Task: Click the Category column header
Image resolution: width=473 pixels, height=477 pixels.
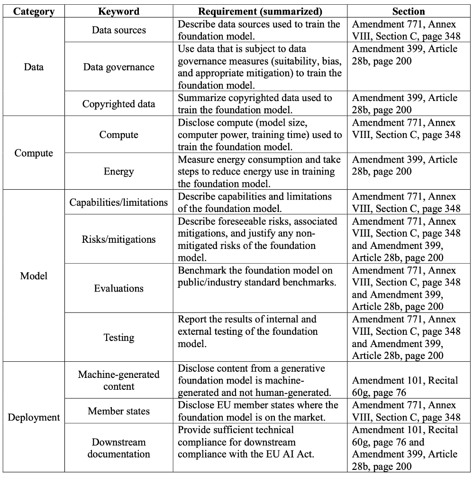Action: click(x=33, y=11)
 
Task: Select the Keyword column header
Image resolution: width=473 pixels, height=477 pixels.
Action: click(x=118, y=11)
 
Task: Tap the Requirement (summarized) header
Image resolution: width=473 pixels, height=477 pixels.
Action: click(x=260, y=11)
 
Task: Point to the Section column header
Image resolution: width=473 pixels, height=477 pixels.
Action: click(x=409, y=11)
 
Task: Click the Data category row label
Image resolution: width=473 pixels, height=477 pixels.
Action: click(x=33, y=67)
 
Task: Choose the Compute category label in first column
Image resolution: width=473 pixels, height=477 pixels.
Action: click(x=33, y=153)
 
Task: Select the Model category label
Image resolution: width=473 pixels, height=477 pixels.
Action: click(x=33, y=275)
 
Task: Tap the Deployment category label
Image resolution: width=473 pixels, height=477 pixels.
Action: click(x=33, y=417)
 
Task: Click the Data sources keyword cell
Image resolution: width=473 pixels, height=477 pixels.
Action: click(x=118, y=30)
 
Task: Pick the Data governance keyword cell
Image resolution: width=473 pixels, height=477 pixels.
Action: click(x=118, y=67)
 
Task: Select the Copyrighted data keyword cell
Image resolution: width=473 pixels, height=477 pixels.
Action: click(x=118, y=104)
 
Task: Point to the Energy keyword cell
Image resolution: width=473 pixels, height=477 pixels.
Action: click(x=118, y=171)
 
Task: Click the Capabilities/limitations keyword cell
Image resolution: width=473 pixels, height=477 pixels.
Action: click(x=118, y=202)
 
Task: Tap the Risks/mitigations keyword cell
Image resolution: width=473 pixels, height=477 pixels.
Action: click(x=118, y=239)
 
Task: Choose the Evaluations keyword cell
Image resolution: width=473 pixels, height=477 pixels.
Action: click(x=118, y=288)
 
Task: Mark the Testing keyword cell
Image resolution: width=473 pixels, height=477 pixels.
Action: click(x=118, y=338)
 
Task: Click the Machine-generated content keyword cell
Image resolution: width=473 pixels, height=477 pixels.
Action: click(x=118, y=380)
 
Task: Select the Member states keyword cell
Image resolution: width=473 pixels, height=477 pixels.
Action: click(x=118, y=411)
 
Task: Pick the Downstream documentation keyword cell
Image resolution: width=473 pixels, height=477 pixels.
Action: click(x=118, y=448)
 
